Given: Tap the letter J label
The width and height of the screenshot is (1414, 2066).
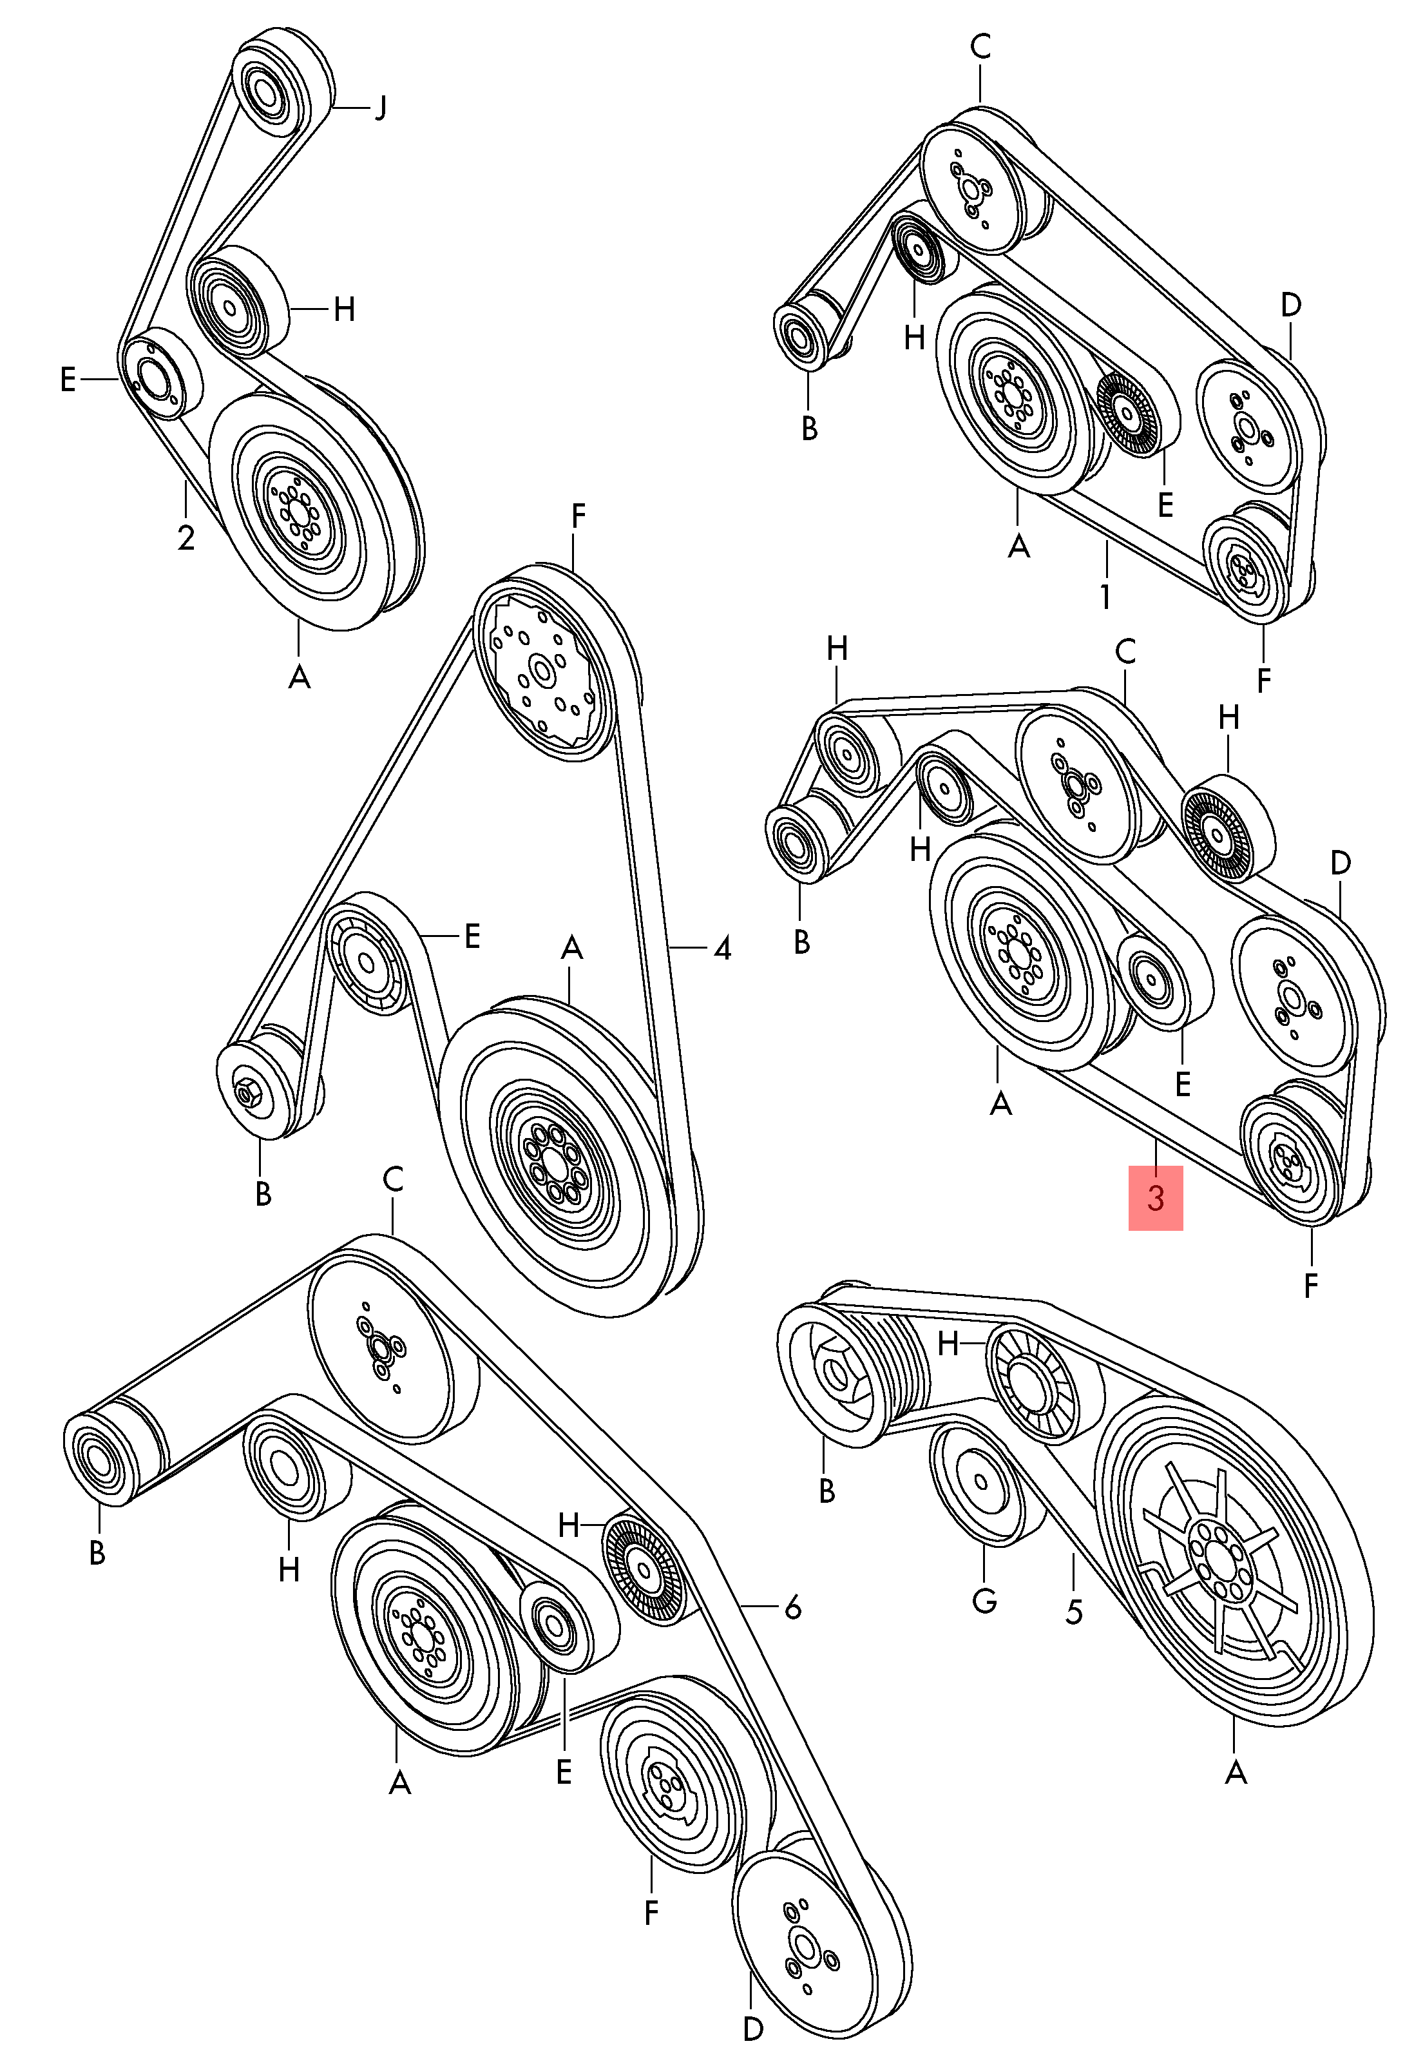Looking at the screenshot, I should click(379, 108).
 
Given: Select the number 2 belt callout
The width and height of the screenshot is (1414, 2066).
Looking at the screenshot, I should click(185, 537).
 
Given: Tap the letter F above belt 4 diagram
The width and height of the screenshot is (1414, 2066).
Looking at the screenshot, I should click(578, 517).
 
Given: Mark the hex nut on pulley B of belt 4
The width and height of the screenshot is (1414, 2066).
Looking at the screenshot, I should click(246, 1092).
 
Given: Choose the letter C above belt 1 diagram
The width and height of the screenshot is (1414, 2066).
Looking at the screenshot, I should click(980, 47).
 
